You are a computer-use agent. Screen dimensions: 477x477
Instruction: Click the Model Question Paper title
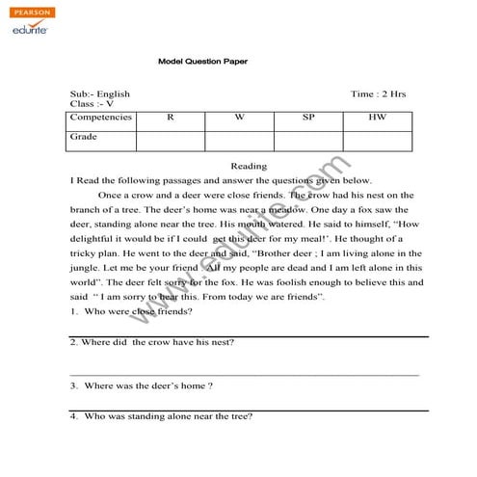(x=202, y=61)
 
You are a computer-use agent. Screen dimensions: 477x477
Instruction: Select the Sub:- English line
(x=100, y=94)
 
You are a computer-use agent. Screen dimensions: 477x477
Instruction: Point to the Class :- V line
(x=93, y=103)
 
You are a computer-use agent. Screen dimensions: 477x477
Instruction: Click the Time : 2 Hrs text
(x=378, y=94)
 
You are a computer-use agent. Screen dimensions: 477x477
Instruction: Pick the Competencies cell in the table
(x=101, y=117)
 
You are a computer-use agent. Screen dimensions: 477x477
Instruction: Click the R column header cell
(x=171, y=117)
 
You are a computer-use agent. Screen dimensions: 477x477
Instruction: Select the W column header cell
(x=239, y=117)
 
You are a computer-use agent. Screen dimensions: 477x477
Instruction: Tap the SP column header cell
(x=308, y=117)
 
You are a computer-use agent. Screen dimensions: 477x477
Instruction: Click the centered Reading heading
(x=249, y=166)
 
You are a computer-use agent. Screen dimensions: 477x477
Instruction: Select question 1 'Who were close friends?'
(x=131, y=311)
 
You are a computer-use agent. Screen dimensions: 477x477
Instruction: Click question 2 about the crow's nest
(x=152, y=342)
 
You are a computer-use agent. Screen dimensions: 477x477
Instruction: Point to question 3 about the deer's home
(x=142, y=385)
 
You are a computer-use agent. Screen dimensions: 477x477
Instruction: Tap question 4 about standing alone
(x=161, y=416)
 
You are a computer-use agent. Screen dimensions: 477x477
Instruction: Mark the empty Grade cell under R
(x=171, y=141)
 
